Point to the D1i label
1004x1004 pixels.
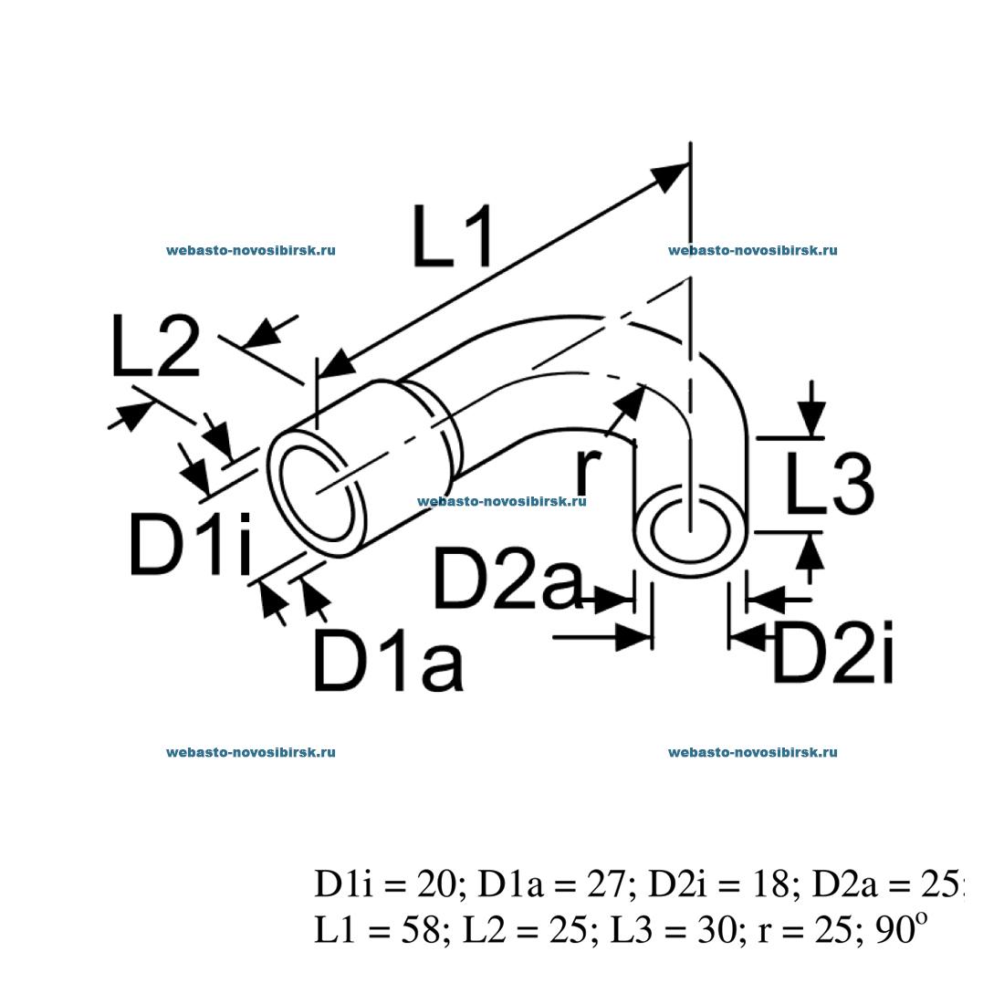point(190,546)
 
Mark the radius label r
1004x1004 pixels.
point(588,470)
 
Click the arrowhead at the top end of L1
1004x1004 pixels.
point(671,176)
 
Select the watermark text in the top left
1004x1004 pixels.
point(251,250)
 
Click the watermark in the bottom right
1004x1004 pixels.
point(753,752)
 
